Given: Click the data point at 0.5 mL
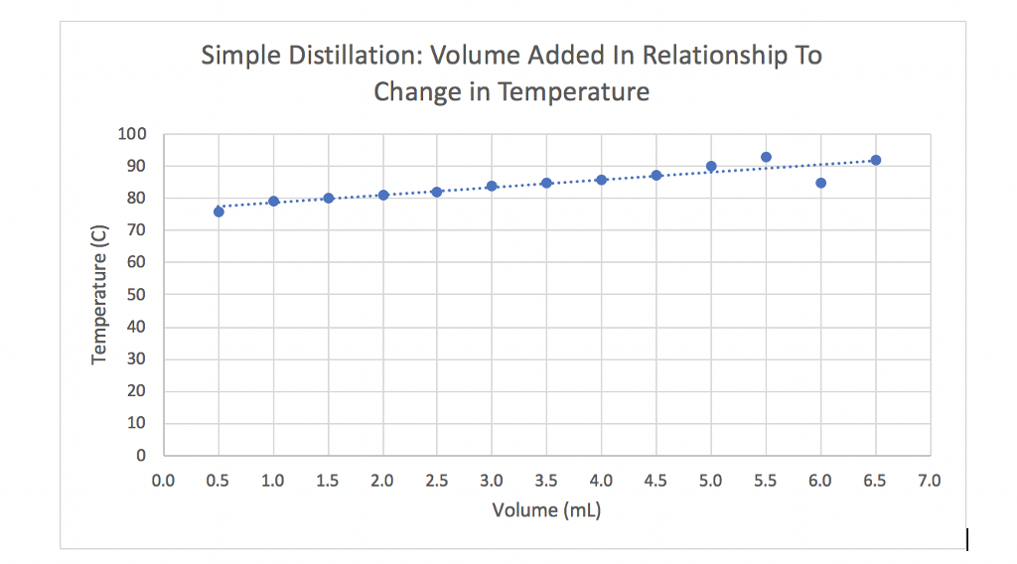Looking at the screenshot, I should (x=218, y=211).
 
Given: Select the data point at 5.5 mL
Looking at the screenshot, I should (x=766, y=157).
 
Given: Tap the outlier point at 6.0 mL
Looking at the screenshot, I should (x=820, y=183).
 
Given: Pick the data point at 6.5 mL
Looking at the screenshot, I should (x=875, y=160).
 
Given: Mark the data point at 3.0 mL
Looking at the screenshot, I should (x=492, y=186).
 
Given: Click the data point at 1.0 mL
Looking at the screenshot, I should (x=273, y=202).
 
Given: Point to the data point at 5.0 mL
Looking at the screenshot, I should (x=711, y=166).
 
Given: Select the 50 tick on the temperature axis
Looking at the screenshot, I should (x=138, y=295).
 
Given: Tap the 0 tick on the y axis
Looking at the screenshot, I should (x=142, y=456).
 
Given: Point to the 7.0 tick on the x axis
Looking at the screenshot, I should (x=929, y=482).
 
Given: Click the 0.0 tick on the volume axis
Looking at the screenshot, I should (x=163, y=482).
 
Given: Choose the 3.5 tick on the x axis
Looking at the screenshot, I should (x=546, y=482).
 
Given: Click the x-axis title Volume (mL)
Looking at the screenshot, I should (x=546, y=511).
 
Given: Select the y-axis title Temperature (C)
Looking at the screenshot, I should (x=98, y=295).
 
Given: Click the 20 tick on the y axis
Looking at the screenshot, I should (x=138, y=391).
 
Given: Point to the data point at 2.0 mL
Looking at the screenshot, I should (x=382, y=195).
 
